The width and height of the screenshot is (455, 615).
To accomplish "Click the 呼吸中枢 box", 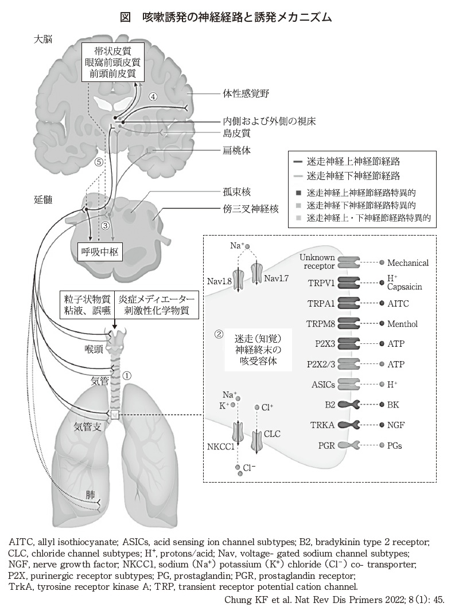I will pyautogui.click(x=101, y=251).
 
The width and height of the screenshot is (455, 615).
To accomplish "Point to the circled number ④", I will pyautogui.click(x=153, y=96).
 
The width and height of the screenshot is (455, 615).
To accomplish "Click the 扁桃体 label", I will pyautogui.click(x=236, y=150).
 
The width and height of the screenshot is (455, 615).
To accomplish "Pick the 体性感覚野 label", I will pyautogui.click(x=246, y=92).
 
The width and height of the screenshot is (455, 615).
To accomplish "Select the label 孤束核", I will pyautogui.click(x=236, y=191).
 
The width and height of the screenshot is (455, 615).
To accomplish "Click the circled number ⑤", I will pyautogui.click(x=99, y=162).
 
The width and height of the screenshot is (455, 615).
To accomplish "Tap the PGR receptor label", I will pyautogui.click(x=325, y=445).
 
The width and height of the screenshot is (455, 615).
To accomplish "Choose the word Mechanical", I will pyautogui.click(x=408, y=263).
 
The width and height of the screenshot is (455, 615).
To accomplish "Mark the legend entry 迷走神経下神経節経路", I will pyautogui.click(x=353, y=175).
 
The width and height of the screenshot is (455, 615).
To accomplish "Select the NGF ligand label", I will pyautogui.click(x=395, y=425).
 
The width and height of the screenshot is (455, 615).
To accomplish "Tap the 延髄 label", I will pyautogui.click(x=43, y=199).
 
